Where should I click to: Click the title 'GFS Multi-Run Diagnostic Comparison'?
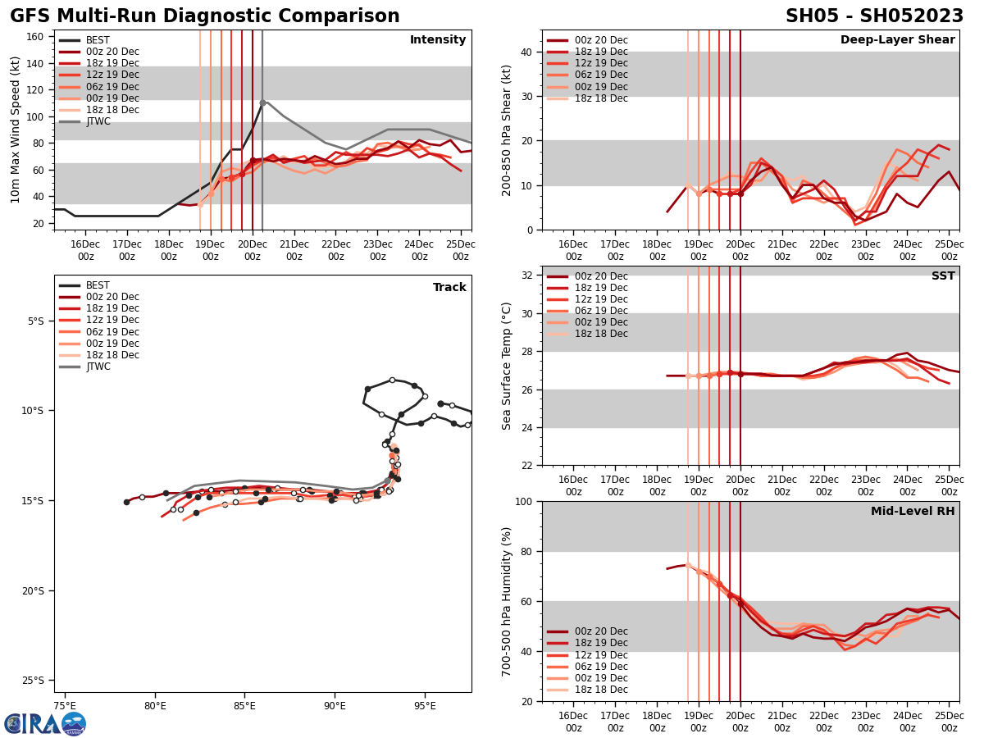point(205,16)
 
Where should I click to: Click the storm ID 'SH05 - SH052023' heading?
point(874,16)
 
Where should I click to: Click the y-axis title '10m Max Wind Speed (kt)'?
point(14,130)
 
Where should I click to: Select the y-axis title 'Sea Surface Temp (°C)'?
point(507,366)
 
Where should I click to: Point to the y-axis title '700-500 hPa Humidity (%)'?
point(507,601)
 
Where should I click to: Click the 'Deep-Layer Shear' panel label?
point(897,40)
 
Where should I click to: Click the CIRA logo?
point(45,723)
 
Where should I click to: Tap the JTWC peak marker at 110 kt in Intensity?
point(262,102)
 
